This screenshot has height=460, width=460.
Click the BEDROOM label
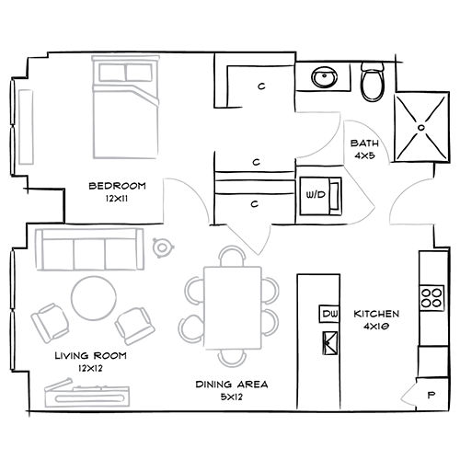point(117,186)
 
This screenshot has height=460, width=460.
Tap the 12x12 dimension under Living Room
point(90,368)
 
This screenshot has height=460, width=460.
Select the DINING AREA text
point(232,385)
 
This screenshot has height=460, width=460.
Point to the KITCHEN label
point(376,314)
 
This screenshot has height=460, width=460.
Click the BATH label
point(364,144)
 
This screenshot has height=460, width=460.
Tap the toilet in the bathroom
point(373,81)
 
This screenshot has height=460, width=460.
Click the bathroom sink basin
point(324,76)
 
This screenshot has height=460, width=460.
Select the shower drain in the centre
point(421,127)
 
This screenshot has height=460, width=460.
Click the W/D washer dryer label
point(316,194)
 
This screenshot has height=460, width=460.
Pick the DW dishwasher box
point(329,314)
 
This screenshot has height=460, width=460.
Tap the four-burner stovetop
point(431,298)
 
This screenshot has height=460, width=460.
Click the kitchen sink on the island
point(330,343)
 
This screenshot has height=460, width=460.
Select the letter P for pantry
point(431,395)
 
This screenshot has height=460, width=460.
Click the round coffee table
point(94,298)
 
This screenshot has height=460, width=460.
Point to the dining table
point(233,308)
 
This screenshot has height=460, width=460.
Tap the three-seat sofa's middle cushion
point(89,254)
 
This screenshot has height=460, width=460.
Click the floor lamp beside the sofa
point(163,247)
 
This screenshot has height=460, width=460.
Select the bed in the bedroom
point(126,107)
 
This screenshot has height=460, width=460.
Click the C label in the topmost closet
point(261,86)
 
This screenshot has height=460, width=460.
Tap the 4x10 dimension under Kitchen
point(376,327)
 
